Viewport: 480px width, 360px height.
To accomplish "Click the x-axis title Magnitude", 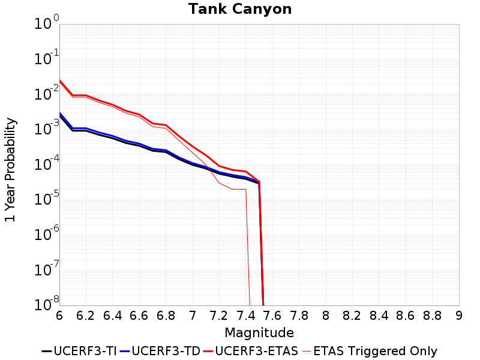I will pyautogui.click(x=259, y=332).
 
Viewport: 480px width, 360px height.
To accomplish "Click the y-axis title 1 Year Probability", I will pyautogui.click(x=10, y=170).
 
